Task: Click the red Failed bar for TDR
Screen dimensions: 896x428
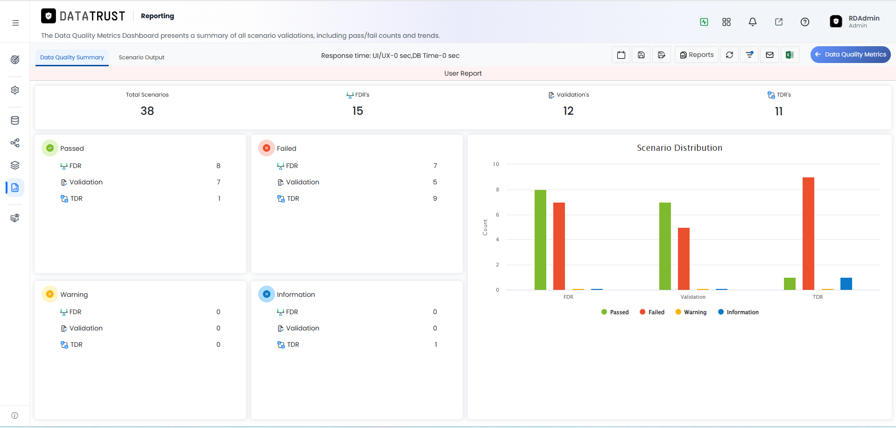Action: [808, 233]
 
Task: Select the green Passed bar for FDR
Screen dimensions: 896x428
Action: [540, 240]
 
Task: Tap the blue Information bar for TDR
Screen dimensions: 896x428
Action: [846, 284]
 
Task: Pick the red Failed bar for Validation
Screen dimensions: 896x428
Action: [684, 259]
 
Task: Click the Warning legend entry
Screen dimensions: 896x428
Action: [691, 312]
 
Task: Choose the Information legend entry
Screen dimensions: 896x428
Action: [738, 312]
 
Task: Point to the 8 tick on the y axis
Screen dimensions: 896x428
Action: [497, 189]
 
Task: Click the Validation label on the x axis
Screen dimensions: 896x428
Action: [693, 297]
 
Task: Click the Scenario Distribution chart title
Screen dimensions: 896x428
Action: [679, 148]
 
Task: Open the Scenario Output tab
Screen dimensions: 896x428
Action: [141, 57]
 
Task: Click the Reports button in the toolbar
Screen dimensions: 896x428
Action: [697, 55]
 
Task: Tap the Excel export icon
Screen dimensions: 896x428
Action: [790, 55]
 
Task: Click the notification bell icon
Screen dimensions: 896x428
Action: [753, 22]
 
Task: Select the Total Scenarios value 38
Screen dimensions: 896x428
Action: [147, 111]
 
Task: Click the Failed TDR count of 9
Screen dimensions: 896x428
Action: [435, 198]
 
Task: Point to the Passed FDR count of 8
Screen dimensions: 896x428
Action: [219, 166]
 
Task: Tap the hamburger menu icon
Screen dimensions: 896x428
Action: [15, 23]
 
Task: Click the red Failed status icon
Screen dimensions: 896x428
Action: [267, 148]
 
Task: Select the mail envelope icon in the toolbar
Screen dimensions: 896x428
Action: [769, 55]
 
